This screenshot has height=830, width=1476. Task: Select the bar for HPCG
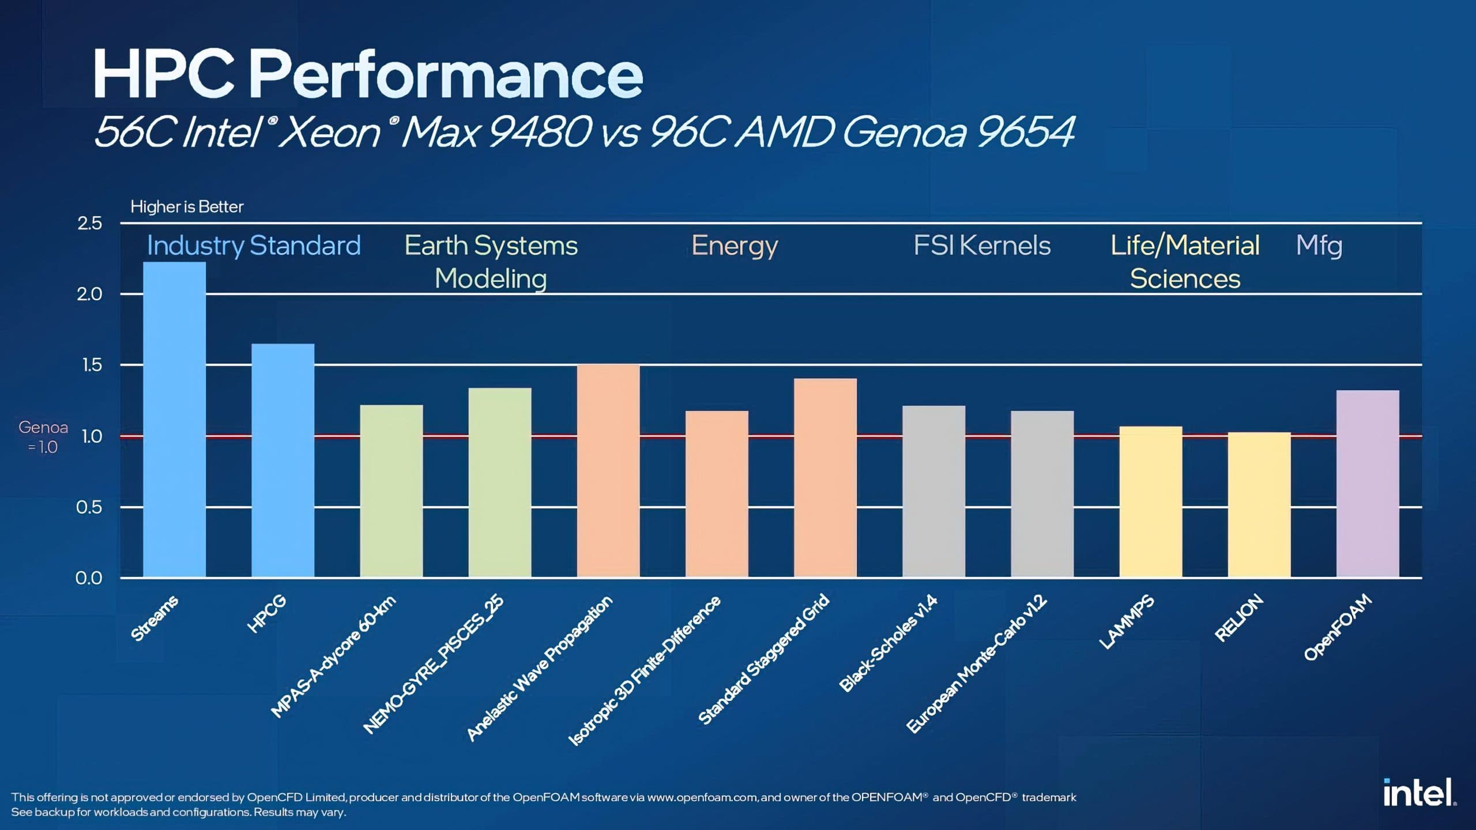tap(283, 461)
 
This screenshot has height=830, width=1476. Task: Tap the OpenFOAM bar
tap(1367, 484)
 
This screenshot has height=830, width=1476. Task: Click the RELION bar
tap(1259, 504)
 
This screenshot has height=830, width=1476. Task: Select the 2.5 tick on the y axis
tap(89, 223)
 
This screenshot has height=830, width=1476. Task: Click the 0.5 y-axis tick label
tap(89, 507)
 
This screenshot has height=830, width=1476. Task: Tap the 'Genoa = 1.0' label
tap(43, 436)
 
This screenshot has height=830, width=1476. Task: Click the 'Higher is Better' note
tap(187, 206)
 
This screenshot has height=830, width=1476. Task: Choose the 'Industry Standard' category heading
tap(254, 246)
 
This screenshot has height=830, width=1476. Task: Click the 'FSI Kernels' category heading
tap(982, 246)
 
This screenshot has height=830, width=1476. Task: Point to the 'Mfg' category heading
tap(1319, 246)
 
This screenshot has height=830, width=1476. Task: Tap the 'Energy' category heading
tap(735, 246)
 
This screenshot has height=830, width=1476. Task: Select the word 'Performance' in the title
tap(446, 75)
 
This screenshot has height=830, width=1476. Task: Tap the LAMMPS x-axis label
tap(1127, 621)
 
